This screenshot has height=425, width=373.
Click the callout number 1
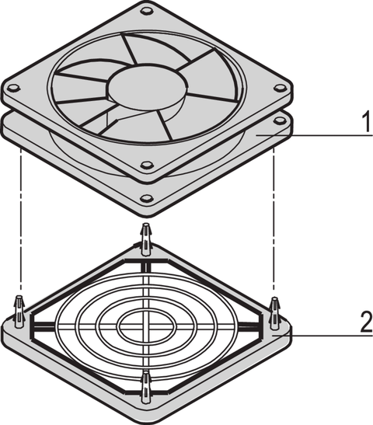tap(367, 123)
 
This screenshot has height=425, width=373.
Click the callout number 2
tap(366, 322)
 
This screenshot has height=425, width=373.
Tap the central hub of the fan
tap(148, 86)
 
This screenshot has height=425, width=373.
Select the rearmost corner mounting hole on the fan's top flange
tap(147, 12)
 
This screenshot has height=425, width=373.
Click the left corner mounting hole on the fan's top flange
tap(13, 88)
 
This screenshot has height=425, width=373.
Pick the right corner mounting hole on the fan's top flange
tap(280, 88)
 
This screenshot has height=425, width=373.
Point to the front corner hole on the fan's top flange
tap(147, 165)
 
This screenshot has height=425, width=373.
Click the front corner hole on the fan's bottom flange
tap(147, 198)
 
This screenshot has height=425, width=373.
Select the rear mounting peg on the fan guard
tap(146, 239)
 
